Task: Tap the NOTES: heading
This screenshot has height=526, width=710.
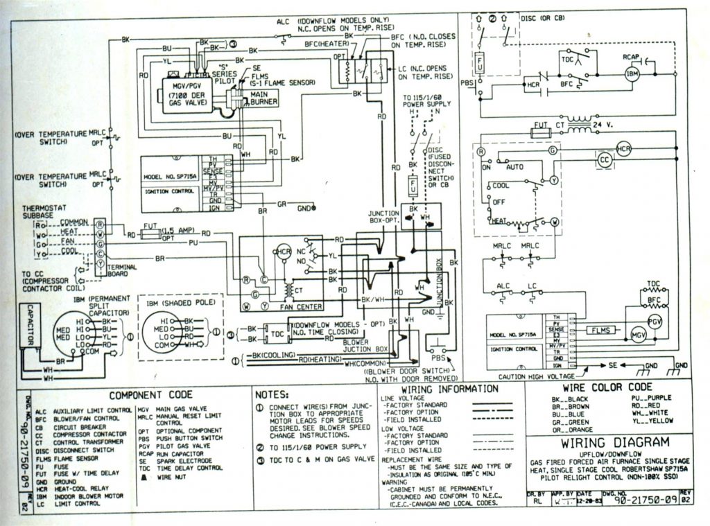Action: (272, 394)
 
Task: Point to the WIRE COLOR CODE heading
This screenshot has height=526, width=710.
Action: (607, 386)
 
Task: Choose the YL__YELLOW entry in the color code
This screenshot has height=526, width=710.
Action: (652, 421)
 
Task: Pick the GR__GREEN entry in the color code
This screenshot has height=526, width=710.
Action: (571, 421)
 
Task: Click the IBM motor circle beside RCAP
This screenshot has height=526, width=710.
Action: (632, 73)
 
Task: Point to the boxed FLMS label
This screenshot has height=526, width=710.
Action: (600, 330)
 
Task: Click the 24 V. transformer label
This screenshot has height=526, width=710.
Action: (603, 125)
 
